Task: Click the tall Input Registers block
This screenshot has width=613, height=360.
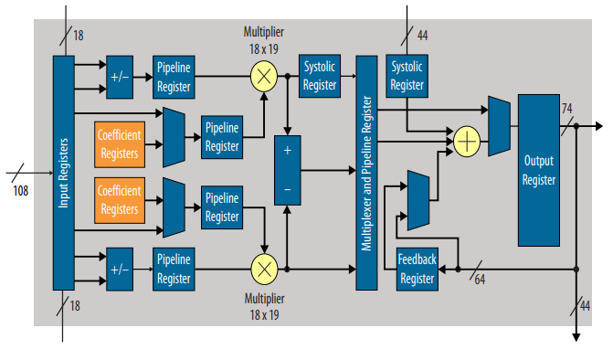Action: click(x=63, y=173)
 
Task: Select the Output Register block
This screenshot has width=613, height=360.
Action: click(x=538, y=169)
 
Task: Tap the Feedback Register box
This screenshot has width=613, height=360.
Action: click(x=417, y=269)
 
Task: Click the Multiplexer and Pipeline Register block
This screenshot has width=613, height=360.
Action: click(x=366, y=173)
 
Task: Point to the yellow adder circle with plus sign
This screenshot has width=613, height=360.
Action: click(x=467, y=141)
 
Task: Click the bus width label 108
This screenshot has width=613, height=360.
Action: click(x=21, y=190)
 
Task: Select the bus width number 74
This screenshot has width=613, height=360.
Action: click(x=566, y=109)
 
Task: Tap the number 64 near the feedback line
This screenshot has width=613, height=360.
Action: click(x=480, y=280)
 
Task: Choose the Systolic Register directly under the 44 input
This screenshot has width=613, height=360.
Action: click(x=407, y=77)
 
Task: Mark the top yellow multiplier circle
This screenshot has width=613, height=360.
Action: click(x=263, y=77)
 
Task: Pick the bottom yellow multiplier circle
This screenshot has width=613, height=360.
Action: click(x=263, y=269)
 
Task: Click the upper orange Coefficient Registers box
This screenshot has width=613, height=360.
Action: click(x=119, y=144)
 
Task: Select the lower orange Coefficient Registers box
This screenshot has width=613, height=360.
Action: click(x=119, y=200)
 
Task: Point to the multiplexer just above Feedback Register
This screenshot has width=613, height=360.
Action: click(x=417, y=200)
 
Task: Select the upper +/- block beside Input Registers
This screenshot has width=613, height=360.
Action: click(x=120, y=77)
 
